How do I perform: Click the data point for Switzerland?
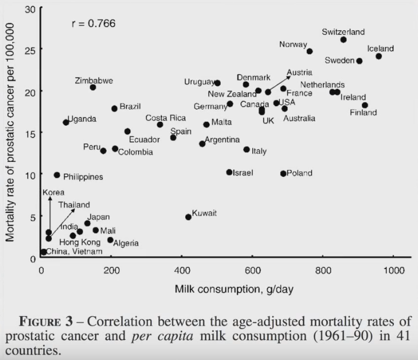(x=343, y=40)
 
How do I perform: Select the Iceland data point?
(x=379, y=56)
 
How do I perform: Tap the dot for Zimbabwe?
(x=93, y=87)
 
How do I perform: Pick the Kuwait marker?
(x=188, y=217)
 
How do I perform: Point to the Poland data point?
(x=283, y=174)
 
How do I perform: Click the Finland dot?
(x=365, y=105)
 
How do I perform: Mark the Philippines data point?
(x=57, y=175)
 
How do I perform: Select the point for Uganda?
(x=66, y=122)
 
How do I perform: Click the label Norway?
(x=293, y=44)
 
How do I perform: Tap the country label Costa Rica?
(x=166, y=118)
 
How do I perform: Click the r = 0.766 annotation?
(x=93, y=24)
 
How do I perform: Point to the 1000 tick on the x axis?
(x=393, y=271)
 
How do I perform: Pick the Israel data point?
(x=229, y=172)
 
